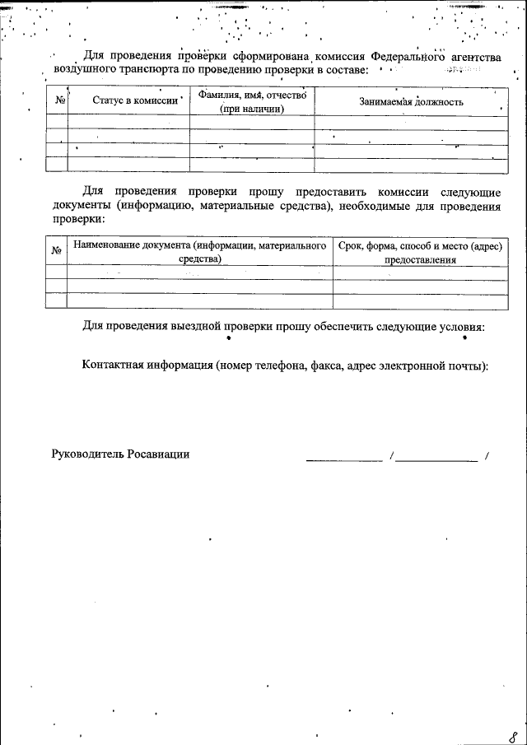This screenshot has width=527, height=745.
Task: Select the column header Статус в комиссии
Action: (x=128, y=101)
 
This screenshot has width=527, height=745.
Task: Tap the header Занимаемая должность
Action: (x=411, y=102)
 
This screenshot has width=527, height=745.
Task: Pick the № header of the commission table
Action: (x=58, y=101)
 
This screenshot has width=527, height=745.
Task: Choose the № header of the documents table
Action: (x=58, y=251)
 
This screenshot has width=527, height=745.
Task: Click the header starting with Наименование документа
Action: (x=199, y=245)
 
